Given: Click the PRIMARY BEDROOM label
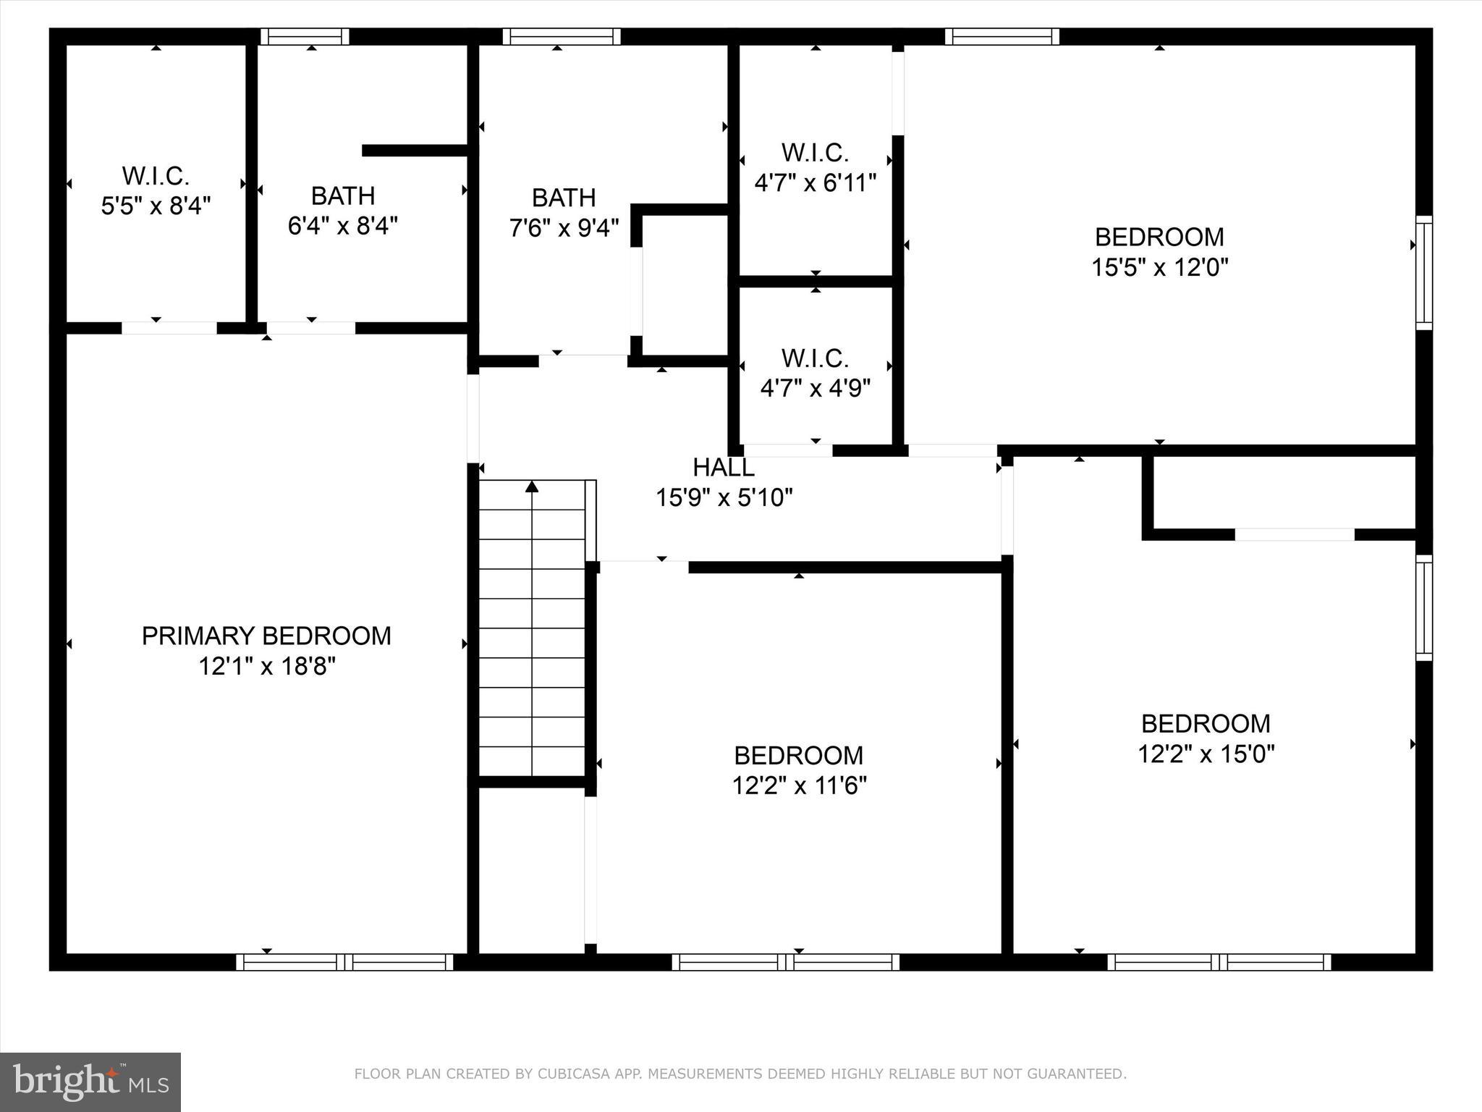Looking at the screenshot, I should tap(266, 636).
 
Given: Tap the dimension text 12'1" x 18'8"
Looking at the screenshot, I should tap(267, 666).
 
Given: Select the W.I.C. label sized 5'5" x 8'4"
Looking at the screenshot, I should tap(156, 175).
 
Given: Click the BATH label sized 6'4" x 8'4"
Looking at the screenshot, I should tap(343, 195).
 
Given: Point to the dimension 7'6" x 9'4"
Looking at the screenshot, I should tap(564, 228).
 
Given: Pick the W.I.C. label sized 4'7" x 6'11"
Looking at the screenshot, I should tap(815, 153).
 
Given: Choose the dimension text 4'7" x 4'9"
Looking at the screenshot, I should tap(815, 389).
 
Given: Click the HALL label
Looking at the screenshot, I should tap(724, 468).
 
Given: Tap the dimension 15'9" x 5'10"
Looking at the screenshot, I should tap(724, 498).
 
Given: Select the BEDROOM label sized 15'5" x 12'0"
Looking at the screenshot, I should tap(1159, 237).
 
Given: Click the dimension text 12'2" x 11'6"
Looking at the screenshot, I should tap(799, 785).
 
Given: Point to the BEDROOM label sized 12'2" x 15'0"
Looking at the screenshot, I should tap(1206, 723).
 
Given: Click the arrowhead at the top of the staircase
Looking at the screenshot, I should tap(532, 486).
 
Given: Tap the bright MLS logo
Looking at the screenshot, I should tap(90, 1082).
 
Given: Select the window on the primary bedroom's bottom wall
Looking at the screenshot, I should tap(344, 962).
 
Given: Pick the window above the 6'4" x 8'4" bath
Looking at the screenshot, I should tap(305, 36).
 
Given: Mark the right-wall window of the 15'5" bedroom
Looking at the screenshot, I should tap(1423, 273).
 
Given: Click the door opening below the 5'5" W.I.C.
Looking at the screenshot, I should tap(169, 328).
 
